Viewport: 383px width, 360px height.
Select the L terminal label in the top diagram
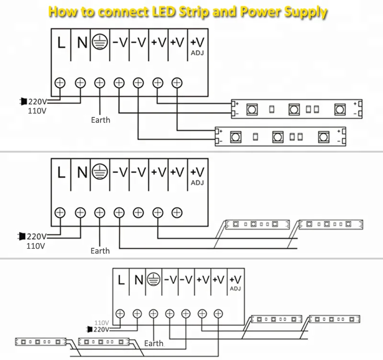point(61,43)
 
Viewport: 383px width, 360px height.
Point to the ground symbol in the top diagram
point(99,42)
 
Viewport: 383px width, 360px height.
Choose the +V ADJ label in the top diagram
point(197,45)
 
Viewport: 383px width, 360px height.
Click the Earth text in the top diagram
point(101,120)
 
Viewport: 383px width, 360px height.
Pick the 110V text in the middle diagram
point(36,246)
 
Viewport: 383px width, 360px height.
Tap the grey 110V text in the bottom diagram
point(101,322)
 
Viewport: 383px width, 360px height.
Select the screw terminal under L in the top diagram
point(60,82)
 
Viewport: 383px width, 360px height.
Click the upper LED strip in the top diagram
point(297,109)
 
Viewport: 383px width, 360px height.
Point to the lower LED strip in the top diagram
point(280,137)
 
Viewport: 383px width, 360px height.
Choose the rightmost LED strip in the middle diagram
point(331,224)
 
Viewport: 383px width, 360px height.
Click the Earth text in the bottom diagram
point(154,343)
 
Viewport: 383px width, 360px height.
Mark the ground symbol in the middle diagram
point(99,172)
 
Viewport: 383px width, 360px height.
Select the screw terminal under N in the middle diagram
point(80,212)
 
